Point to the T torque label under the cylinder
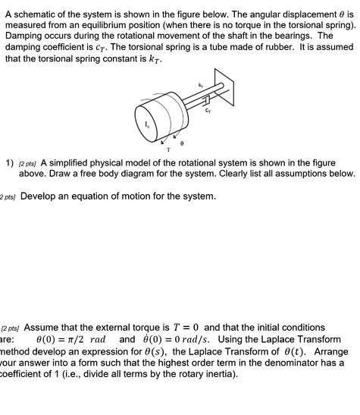coord(168,149)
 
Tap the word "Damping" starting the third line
coord(27,36)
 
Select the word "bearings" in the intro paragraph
coord(279,36)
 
